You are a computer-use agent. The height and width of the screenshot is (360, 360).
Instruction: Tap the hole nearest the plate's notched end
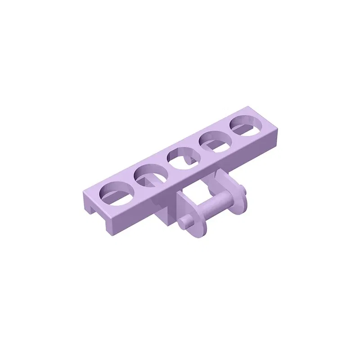tap(117, 192)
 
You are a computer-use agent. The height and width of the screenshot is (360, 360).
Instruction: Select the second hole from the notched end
tap(150, 175)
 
